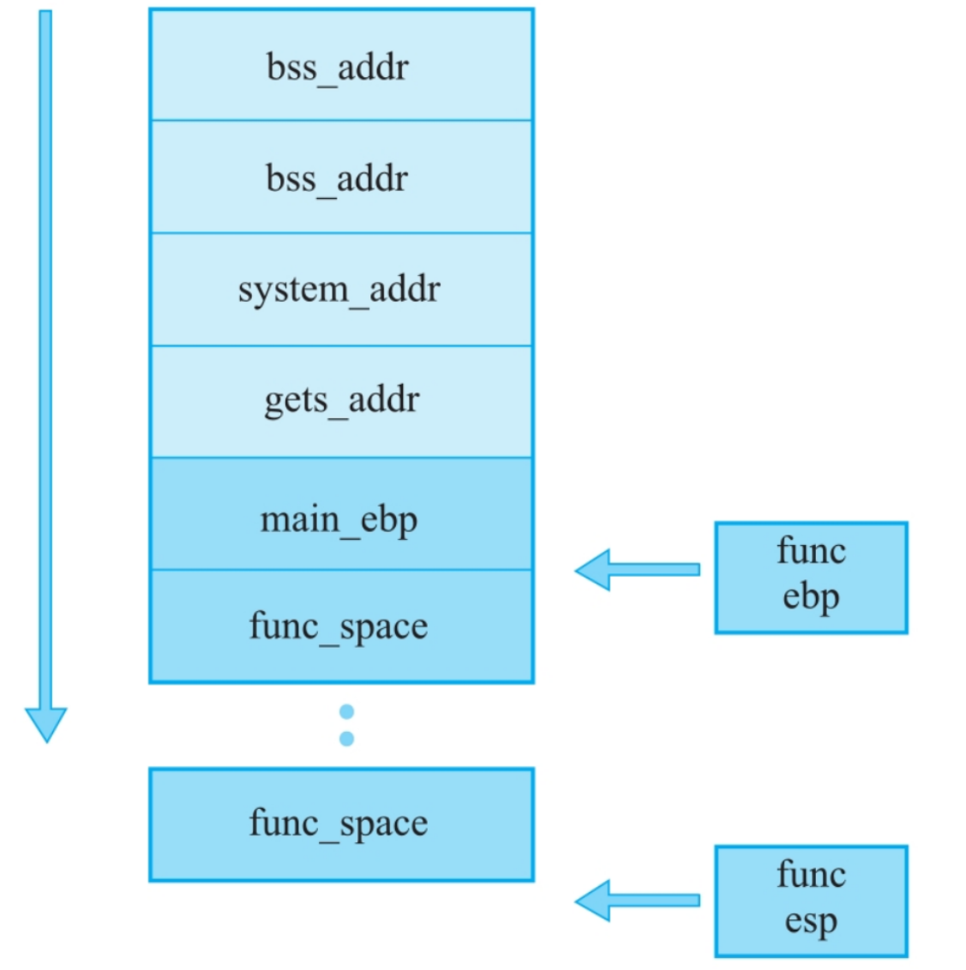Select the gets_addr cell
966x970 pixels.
[341, 401]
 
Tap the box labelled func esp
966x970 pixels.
[811, 901]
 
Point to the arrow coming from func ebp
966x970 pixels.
[639, 570]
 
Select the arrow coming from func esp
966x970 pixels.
[639, 901]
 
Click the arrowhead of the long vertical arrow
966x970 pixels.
[45, 724]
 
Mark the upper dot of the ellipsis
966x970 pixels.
[346, 711]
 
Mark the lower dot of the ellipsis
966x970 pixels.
[346, 738]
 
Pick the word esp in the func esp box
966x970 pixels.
[811, 922]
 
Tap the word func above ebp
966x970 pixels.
[811, 551]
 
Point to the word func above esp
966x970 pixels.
[811, 875]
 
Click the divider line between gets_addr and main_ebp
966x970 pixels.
[341, 458]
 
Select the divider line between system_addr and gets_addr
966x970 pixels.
[341, 346]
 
